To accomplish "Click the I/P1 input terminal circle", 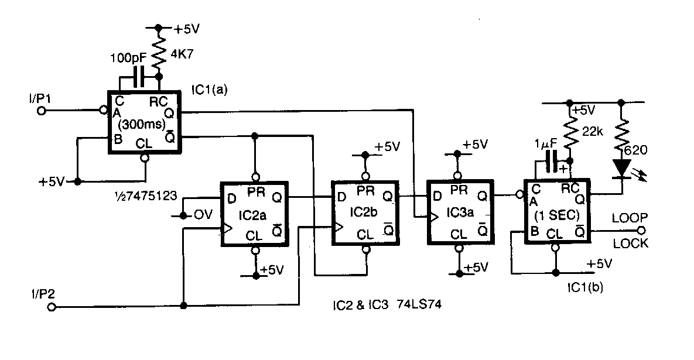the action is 42,111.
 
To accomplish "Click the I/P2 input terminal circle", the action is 52,307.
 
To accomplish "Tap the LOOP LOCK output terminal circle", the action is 641,231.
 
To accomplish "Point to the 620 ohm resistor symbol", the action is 622,133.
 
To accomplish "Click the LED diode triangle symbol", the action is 622,169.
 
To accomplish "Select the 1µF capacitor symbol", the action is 552,161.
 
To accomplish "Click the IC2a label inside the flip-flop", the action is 252,215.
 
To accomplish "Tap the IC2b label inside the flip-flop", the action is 363,212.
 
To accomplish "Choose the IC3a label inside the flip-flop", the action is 460,212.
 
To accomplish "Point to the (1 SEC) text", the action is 557,215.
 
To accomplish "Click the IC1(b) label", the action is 585,287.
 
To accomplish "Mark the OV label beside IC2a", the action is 203,215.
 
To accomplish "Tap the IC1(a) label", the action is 209,90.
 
